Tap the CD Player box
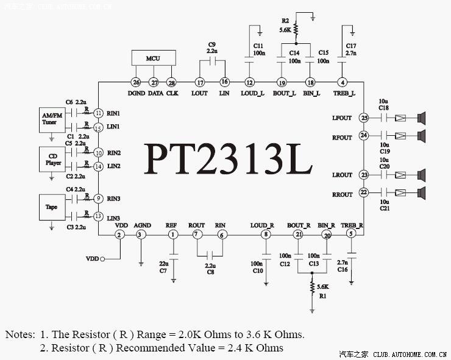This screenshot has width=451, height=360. (x=52, y=159)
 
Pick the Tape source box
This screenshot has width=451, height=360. (x=52, y=206)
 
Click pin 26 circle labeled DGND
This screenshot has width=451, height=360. (x=136, y=83)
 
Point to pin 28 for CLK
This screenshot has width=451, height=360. (x=171, y=83)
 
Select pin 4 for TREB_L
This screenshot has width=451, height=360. (x=343, y=83)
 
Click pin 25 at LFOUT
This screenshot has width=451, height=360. (x=364, y=118)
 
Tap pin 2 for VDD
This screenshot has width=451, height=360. (x=120, y=235)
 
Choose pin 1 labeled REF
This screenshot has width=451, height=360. (x=173, y=235)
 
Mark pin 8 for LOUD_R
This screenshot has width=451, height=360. (x=265, y=235)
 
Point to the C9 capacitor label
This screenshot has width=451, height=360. (x=211, y=44)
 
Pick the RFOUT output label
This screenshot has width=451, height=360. (x=343, y=138)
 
